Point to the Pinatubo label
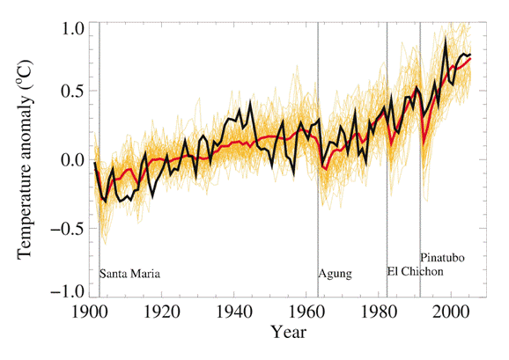coord(442,258)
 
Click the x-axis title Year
coord(288,334)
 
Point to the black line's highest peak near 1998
coord(446,40)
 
